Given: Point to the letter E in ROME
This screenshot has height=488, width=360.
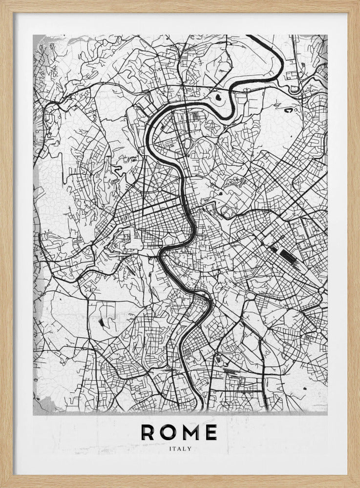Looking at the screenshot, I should pyautogui.click(x=212, y=432).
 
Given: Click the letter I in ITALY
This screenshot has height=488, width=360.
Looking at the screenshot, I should pyautogui.click(x=169, y=448).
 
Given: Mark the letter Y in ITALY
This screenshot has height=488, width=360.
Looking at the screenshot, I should pyautogui.click(x=190, y=448).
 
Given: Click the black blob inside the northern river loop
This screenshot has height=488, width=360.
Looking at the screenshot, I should pyautogui.click(x=218, y=98).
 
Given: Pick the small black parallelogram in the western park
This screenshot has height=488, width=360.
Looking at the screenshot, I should pyautogui.click(x=101, y=322).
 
